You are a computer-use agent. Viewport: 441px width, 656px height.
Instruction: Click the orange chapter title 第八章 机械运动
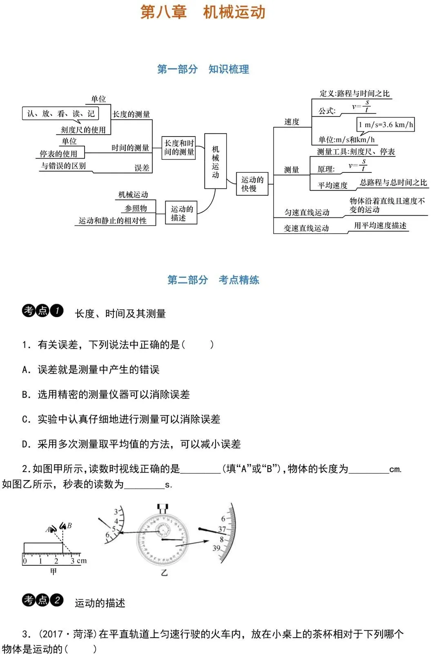[x=203, y=12]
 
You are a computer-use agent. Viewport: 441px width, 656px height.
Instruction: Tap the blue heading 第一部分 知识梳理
[x=203, y=69]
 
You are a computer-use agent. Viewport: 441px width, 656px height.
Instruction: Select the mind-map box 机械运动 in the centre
[x=215, y=161]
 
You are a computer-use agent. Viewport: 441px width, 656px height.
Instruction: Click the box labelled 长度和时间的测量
[x=178, y=148]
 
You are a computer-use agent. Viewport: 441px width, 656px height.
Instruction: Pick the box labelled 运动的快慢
[x=252, y=184]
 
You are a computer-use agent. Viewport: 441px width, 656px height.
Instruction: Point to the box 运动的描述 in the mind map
[x=181, y=213]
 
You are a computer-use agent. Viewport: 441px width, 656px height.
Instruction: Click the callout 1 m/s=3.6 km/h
[x=385, y=125]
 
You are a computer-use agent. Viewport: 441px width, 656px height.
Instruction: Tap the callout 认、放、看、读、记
[x=60, y=113]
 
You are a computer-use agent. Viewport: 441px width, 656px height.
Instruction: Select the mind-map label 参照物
[x=136, y=208]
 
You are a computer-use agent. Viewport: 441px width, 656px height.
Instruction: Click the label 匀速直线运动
[x=307, y=213]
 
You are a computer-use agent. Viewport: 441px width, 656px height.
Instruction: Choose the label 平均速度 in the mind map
[x=332, y=185]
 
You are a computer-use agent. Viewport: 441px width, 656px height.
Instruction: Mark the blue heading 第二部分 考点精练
[x=213, y=280]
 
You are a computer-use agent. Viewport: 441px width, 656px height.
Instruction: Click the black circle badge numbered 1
[x=57, y=311]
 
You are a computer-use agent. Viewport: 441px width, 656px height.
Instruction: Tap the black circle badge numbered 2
[x=57, y=600]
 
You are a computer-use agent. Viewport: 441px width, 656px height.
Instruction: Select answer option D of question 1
[x=131, y=444]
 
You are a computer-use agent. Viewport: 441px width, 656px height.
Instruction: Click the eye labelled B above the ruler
[x=63, y=526]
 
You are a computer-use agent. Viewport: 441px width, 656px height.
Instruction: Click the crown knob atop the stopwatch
[x=163, y=508]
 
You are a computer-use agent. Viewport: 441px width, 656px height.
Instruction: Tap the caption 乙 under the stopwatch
[x=164, y=573]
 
